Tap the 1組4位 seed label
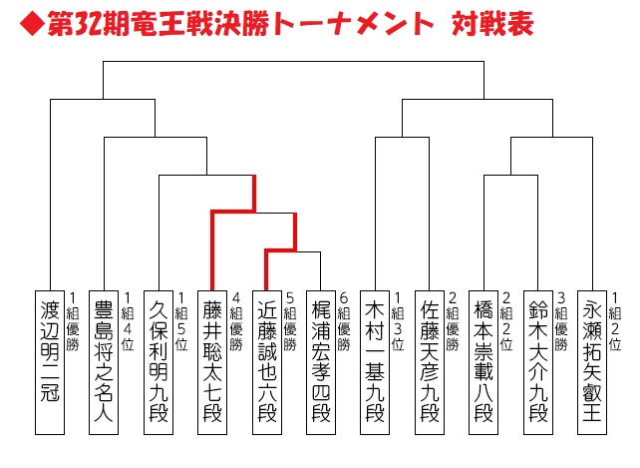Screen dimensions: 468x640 [x=128, y=321]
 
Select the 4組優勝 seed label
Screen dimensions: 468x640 [x=236, y=321]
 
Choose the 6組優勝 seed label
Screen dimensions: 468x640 [x=345, y=321]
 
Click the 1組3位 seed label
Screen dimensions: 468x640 [x=399, y=321]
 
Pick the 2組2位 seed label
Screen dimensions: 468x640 [x=507, y=321]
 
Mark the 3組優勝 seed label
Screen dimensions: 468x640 [x=562, y=321]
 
